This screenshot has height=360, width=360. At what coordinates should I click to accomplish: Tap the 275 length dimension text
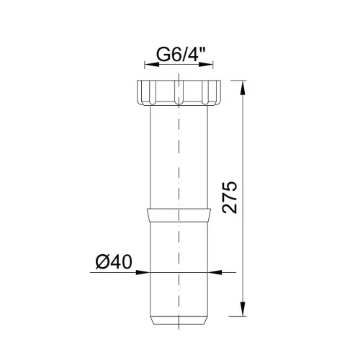click(230, 197)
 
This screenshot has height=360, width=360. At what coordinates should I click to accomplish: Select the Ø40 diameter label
click(114, 262)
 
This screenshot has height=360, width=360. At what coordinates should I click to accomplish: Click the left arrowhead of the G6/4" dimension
click(152, 64)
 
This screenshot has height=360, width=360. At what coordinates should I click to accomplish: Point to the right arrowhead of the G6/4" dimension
click(206, 64)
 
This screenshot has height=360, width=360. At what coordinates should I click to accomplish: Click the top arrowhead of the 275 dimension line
click(243, 88)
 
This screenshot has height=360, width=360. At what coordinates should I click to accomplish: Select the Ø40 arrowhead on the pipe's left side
click(143, 272)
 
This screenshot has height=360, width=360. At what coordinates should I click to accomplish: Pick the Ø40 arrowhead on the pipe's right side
click(215, 272)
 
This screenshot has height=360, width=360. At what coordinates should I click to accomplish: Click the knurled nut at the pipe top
click(179, 93)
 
